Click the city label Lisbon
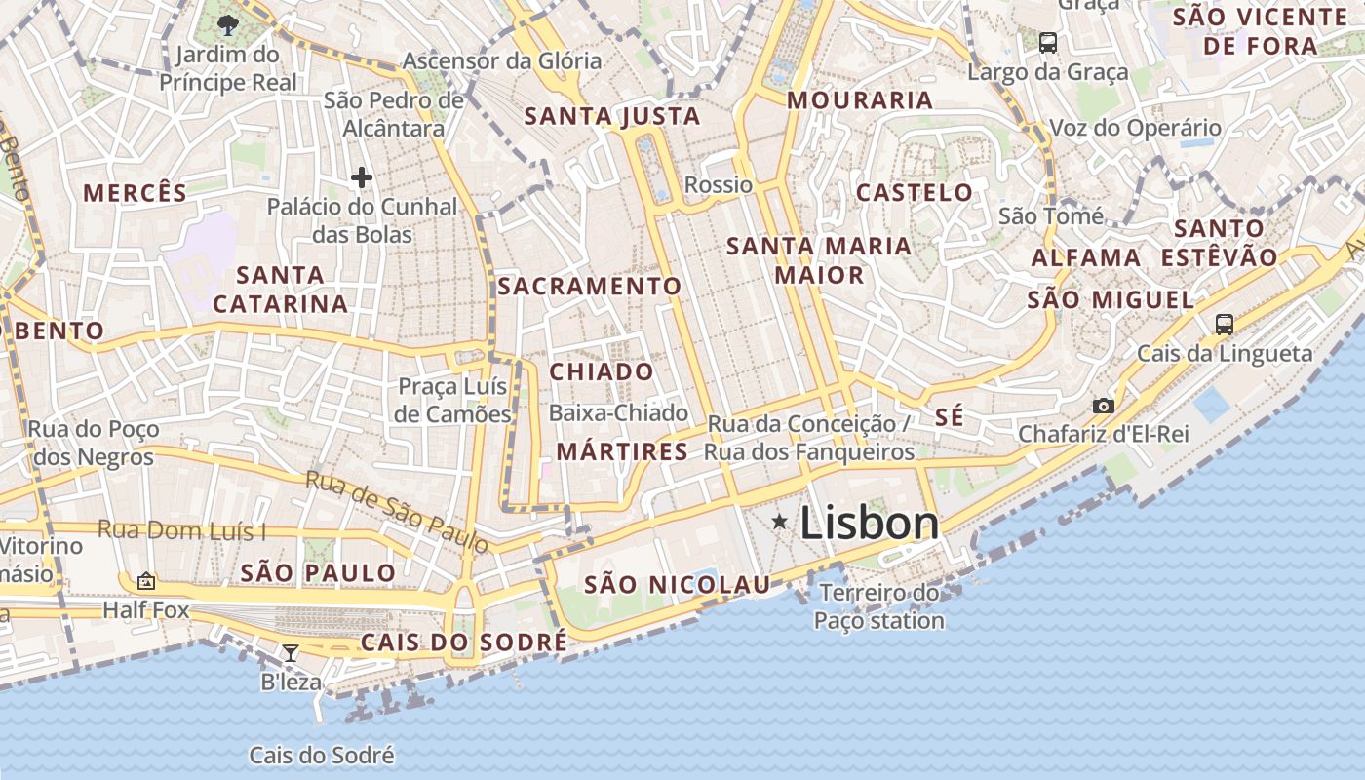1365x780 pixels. point(869,524)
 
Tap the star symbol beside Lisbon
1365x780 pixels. point(780,523)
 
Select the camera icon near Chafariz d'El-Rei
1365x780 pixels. point(1103,406)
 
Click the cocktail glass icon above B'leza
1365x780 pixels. point(290,652)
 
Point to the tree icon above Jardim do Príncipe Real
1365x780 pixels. point(228,25)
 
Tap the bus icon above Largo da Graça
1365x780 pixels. point(1048,43)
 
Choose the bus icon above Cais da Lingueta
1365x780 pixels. point(1225,325)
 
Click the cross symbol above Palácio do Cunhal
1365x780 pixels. point(362,177)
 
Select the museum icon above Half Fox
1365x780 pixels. point(146,581)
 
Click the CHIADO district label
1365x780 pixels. point(602,372)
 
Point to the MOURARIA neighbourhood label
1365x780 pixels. point(860,100)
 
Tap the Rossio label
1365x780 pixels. point(719,185)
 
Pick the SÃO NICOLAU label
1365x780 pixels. point(677,585)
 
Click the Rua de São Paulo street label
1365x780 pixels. point(396,512)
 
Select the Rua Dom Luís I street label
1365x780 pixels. point(181,531)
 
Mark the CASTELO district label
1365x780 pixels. point(915,193)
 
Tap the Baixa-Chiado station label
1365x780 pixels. point(618,413)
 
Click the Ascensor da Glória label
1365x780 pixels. point(502,60)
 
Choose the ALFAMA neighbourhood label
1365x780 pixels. point(1086,258)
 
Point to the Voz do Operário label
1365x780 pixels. point(1135,128)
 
